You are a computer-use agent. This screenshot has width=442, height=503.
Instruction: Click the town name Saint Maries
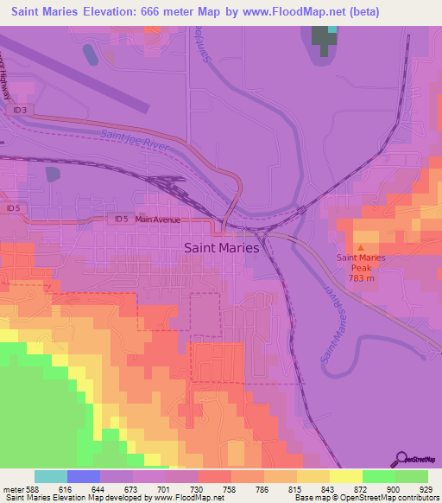[222, 247]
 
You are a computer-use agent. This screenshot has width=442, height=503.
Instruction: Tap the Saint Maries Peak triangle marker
[361, 248]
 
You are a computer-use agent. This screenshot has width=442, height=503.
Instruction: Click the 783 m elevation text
[361, 278]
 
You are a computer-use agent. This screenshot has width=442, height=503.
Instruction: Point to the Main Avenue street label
[158, 220]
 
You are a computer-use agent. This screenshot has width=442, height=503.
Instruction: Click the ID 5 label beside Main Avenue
[123, 220]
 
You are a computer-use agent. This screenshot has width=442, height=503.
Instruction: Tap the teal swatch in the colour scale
[51, 476]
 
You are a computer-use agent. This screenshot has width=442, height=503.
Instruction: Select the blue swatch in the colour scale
[84, 476]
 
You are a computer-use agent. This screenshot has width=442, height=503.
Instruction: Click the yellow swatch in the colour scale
[345, 476]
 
